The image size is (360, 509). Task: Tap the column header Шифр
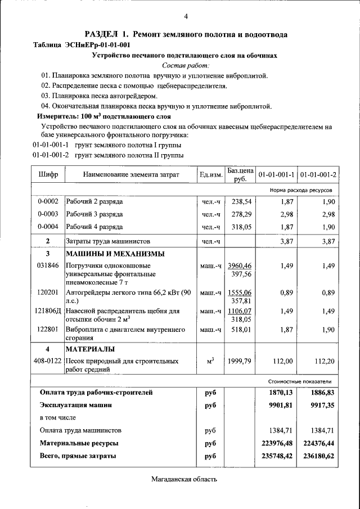click(x=48, y=174)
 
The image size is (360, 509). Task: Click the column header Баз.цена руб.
click(x=240, y=174)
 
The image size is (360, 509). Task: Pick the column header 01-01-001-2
click(x=318, y=174)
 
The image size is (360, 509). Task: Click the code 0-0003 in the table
click(x=48, y=214)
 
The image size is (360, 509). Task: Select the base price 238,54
click(x=241, y=201)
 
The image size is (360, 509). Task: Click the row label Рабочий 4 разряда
click(x=94, y=227)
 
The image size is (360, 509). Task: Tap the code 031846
click(x=48, y=265)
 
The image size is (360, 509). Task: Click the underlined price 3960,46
click(x=240, y=265)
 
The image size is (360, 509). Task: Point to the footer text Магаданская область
click(x=183, y=479)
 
